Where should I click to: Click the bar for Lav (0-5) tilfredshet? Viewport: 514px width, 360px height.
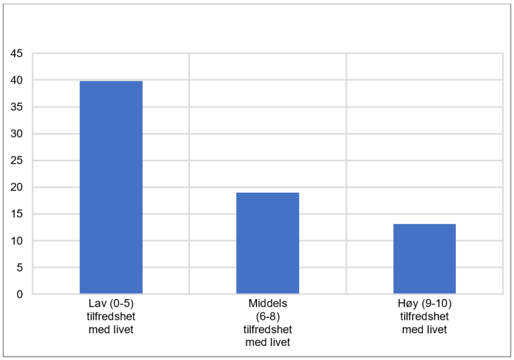[111, 187]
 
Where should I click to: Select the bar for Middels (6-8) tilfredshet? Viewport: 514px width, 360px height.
[268, 243]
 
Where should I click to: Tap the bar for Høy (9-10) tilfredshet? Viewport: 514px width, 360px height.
[424, 259]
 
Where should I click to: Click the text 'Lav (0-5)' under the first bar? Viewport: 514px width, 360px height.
[111, 306]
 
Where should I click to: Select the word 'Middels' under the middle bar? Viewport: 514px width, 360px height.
[268, 306]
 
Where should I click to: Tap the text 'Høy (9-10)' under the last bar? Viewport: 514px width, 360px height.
[424, 306]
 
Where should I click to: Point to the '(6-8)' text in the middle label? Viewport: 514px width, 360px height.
[268, 318]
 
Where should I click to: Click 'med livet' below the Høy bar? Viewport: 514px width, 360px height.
[424, 330]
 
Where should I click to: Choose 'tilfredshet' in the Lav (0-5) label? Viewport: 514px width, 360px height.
[111, 318]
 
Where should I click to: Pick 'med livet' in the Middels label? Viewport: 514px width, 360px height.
[268, 342]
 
